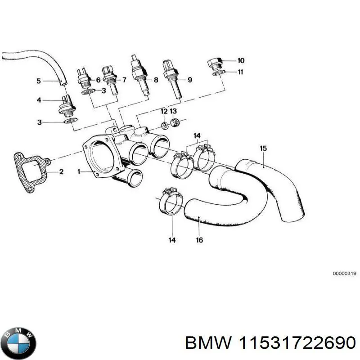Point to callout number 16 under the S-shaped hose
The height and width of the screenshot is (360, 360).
coord(199,240)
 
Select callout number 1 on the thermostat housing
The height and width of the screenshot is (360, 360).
coord(79,171)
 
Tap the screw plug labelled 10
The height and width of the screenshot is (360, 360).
coord(215,63)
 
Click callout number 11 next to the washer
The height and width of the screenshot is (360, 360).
coord(241,72)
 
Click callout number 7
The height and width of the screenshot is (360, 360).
coord(124,80)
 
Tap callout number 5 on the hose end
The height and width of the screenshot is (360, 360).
coord(38,81)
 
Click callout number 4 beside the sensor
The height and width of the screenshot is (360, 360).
coord(38,100)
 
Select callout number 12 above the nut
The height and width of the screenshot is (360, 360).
coord(164,111)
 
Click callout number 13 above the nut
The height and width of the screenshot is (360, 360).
coord(173,111)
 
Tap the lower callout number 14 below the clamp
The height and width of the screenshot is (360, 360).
coord(172,240)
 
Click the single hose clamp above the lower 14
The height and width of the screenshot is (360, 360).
coord(171,202)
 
